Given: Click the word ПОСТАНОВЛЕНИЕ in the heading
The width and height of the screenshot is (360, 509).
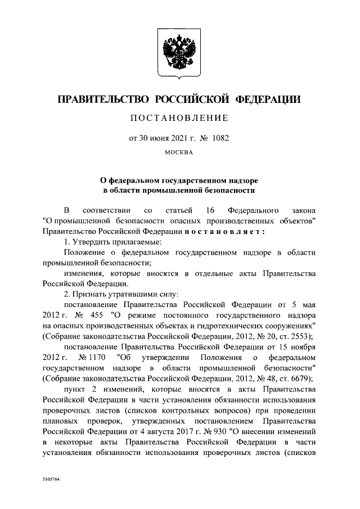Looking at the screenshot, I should tap(179, 118).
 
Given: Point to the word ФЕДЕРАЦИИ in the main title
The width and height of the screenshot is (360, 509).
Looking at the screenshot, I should tap(267, 100).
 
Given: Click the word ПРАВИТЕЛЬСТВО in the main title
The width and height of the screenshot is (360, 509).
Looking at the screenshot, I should tap(103, 100).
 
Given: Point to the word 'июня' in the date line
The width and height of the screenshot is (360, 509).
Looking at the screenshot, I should tap(150, 137).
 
